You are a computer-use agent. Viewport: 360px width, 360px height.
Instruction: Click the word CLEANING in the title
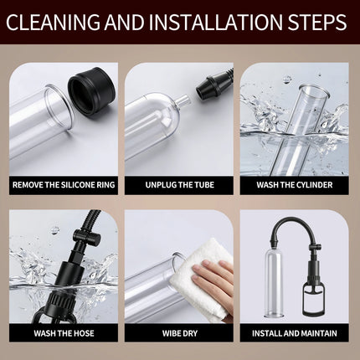53,22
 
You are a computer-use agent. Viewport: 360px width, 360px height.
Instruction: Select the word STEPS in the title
316,22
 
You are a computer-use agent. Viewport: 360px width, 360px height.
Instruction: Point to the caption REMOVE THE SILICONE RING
64,185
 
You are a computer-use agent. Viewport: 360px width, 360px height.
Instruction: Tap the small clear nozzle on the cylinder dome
182,100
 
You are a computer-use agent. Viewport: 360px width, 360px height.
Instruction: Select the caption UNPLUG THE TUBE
179,185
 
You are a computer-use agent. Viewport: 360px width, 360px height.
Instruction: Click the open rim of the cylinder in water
312,92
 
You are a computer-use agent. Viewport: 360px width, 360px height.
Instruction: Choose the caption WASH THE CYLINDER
295,185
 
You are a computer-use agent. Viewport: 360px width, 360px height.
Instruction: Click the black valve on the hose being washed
86,238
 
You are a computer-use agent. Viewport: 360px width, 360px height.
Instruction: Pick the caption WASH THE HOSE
64,333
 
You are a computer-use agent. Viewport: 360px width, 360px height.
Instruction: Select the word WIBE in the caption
170,333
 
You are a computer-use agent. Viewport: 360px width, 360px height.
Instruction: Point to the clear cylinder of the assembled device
274,282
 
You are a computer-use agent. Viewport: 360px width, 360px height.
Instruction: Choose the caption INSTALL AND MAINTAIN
295,333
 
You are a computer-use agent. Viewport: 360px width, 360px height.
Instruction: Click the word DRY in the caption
189,333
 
